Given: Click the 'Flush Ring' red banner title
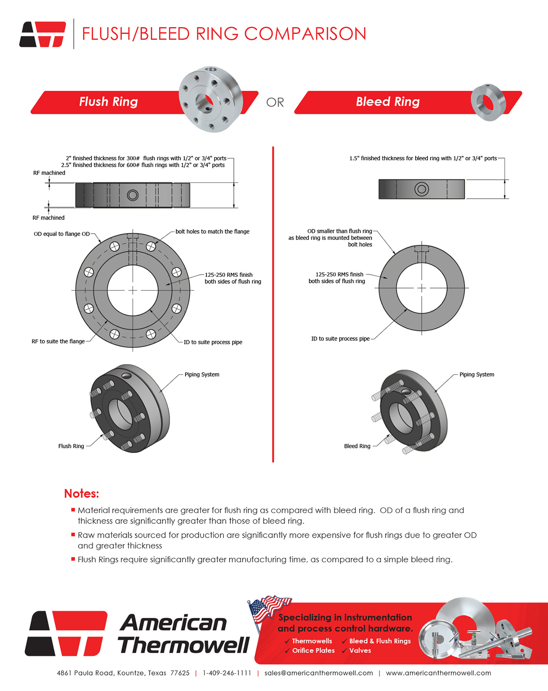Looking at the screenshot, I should click(x=108, y=102).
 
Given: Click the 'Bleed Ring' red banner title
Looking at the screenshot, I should click(x=388, y=102).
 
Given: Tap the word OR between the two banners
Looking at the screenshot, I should click(x=275, y=103).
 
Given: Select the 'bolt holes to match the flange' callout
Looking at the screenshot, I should click(x=212, y=231).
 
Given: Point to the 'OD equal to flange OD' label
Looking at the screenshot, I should click(x=62, y=234).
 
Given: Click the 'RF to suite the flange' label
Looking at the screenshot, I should click(x=58, y=342).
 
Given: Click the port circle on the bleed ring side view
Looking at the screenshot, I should click(x=421, y=189).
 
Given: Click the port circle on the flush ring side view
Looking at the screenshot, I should click(x=133, y=195).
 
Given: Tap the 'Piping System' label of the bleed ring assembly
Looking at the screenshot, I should click(x=477, y=374).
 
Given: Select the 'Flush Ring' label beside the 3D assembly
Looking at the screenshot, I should click(x=71, y=446).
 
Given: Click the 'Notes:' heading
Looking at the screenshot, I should click(x=82, y=494).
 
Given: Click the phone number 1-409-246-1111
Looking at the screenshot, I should click(x=227, y=673).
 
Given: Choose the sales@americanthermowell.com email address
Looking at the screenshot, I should click(x=319, y=673).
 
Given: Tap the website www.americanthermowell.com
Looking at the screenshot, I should click(x=438, y=673).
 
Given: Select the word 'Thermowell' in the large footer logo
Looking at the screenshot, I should click(x=184, y=646).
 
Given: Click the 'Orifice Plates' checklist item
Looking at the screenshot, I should click(x=313, y=651).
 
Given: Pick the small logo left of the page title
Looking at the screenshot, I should click(x=43, y=34).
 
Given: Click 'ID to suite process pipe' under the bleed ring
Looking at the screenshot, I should click(x=340, y=339).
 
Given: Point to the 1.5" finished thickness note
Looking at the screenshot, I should click(x=423, y=158).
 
